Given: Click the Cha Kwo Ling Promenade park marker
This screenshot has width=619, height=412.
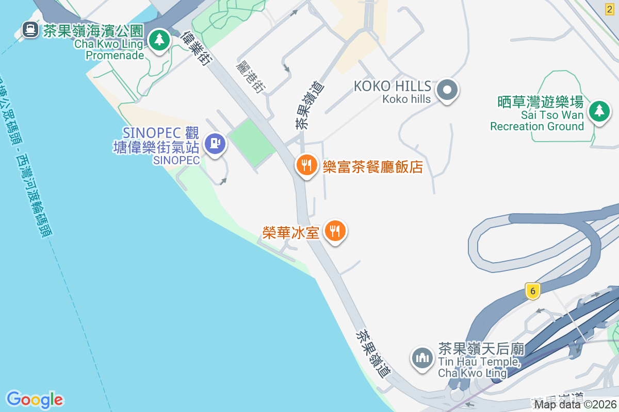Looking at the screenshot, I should (x=159, y=40).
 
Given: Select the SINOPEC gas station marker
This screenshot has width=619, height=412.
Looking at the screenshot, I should (x=215, y=143).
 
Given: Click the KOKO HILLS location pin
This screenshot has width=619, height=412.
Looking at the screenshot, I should (x=447, y=91).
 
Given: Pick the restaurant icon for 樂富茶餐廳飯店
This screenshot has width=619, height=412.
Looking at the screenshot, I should (x=306, y=165).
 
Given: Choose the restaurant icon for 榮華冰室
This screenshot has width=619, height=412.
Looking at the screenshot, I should (x=335, y=231).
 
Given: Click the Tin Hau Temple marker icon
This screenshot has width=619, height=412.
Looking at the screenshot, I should (x=422, y=358).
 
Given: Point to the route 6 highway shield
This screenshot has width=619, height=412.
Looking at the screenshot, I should (x=533, y=291).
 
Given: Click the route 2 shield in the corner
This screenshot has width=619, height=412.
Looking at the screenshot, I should (x=610, y=8).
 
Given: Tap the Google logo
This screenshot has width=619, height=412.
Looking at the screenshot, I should (x=35, y=400).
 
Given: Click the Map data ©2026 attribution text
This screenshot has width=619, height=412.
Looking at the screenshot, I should (x=575, y=404).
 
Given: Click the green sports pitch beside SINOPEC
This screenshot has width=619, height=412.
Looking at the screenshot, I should (x=252, y=142).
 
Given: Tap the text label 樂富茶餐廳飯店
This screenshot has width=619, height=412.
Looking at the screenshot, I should (x=372, y=166).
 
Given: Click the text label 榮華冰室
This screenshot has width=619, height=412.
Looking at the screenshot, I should (x=290, y=232).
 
